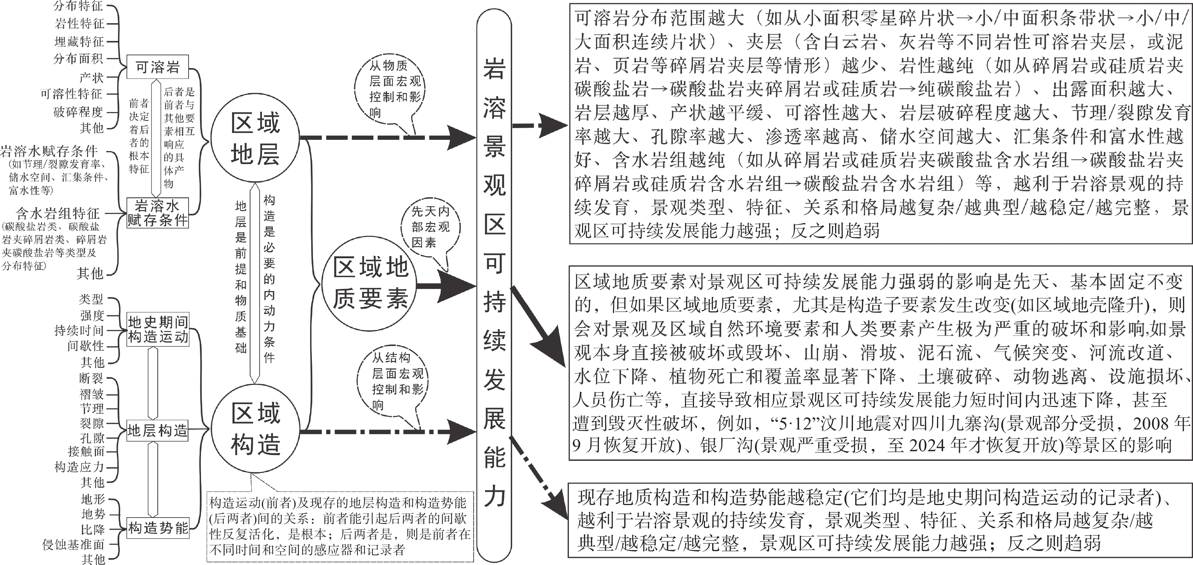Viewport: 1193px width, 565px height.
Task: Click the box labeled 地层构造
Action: (158, 431)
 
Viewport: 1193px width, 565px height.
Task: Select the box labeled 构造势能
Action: (158, 528)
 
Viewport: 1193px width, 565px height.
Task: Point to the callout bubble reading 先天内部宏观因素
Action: (430, 228)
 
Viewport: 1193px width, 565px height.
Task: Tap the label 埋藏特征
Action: (79, 42)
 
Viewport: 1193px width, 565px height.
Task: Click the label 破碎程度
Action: (78, 112)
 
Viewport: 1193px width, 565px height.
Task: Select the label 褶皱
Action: (92, 394)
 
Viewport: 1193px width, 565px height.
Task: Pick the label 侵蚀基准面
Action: (74, 545)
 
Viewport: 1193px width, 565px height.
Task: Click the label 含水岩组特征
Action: (58, 214)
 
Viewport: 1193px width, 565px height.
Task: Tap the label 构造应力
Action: (79, 467)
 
